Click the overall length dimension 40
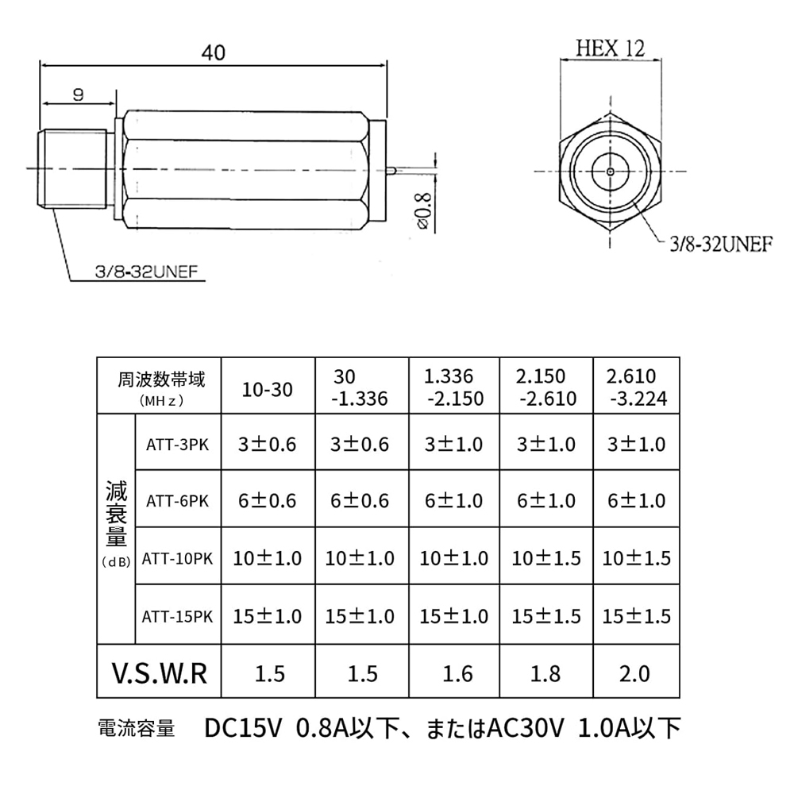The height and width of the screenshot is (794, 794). [x=213, y=52]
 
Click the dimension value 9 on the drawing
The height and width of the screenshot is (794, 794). [x=78, y=94]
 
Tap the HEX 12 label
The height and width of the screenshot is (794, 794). [x=610, y=48]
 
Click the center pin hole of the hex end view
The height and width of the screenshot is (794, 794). [x=609, y=171]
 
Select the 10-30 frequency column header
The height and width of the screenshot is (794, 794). [x=267, y=389]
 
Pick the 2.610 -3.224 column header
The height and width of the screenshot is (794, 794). [x=637, y=386]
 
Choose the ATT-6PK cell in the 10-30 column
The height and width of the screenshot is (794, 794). [x=267, y=501]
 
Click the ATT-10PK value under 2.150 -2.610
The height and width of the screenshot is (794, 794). [x=546, y=558]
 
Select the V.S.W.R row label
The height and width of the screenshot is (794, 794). [x=158, y=673]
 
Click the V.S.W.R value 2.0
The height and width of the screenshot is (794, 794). [x=636, y=673]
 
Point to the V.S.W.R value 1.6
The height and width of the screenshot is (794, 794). [x=453, y=673]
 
